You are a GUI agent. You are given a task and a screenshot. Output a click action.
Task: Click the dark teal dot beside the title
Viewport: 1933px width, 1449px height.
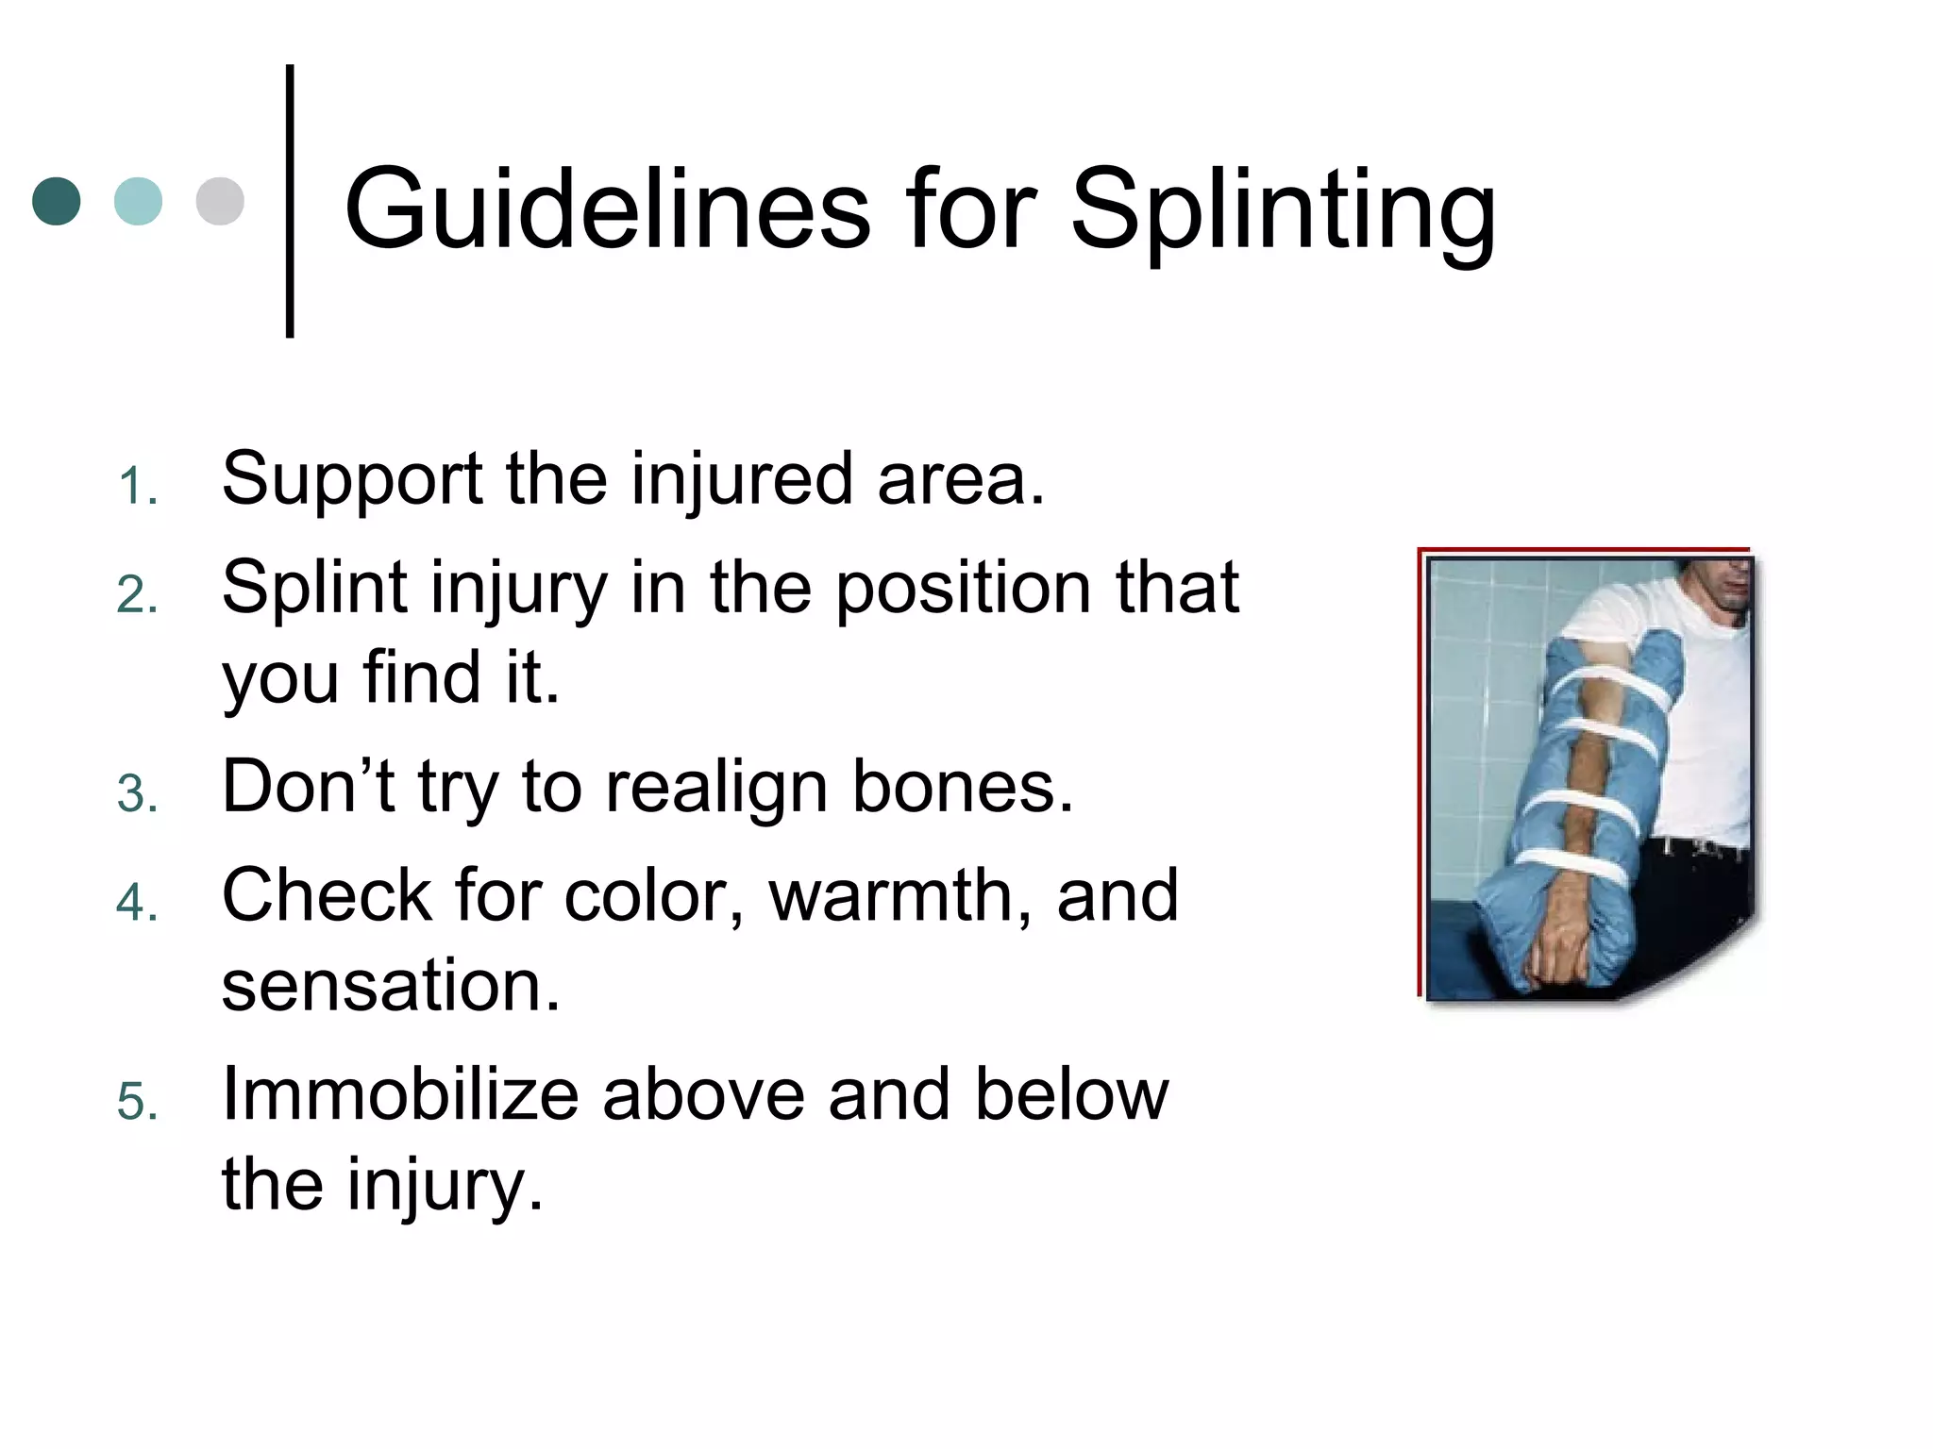pyautogui.click(x=57, y=201)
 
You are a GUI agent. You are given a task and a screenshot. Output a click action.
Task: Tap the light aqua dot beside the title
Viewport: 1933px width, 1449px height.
pyautogui.click(x=138, y=201)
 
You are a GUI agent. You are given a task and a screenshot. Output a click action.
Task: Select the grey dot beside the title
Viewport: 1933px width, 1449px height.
pyautogui.click(x=220, y=201)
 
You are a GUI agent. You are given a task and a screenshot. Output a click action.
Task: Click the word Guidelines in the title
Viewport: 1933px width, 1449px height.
pyautogui.click(x=607, y=209)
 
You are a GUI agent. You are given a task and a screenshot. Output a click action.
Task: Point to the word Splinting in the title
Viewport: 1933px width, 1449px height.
pyautogui.click(x=1283, y=212)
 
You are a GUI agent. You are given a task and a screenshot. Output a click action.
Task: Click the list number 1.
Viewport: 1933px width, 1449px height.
pyautogui.click(x=138, y=488)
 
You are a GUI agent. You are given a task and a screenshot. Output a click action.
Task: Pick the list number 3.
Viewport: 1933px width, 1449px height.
pyautogui.click(x=138, y=794)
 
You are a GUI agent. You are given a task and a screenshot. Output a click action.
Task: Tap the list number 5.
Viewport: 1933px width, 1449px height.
pyautogui.click(x=138, y=1102)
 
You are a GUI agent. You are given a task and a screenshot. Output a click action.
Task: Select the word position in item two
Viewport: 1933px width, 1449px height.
pyautogui.click(x=964, y=588)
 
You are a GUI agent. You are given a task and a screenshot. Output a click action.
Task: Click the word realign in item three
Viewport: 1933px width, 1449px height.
pyautogui.click(x=716, y=788)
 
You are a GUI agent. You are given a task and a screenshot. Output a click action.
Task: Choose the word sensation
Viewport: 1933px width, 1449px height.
pyautogui.click(x=391, y=986)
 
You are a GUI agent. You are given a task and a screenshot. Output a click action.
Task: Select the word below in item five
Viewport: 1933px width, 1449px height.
pyautogui.click(x=1071, y=1094)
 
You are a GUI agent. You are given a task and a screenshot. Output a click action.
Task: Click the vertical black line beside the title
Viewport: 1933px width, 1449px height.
pyautogui.click(x=290, y=201)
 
